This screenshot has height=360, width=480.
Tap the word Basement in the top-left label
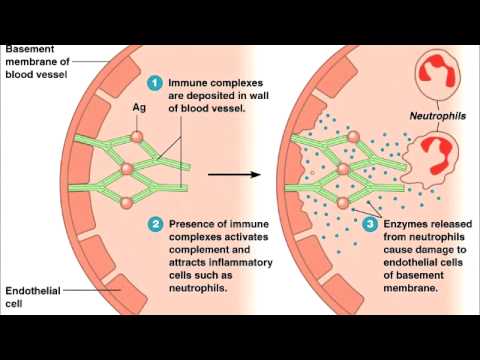tap(30, 48)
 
